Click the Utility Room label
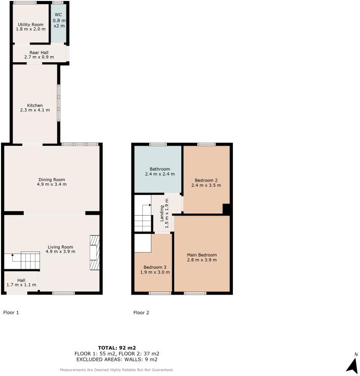(x=30, y=24)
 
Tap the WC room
(x=58, y=23)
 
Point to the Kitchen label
(x=35, y=105)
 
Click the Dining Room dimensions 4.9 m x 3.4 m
(x=52, y=185)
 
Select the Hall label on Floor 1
(x=21, y=280)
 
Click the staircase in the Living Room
(x=22, y=261)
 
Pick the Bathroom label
(x=157, y=169)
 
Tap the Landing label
(x=162, y=213)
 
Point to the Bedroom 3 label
(x=153, y=267)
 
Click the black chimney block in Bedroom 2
(x=227, y=208)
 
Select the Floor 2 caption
(x=141, y=313)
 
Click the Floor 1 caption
(x=11, y=313)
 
